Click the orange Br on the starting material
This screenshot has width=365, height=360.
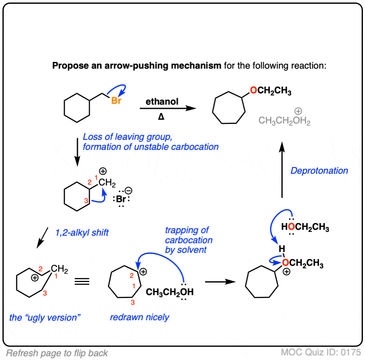pos(116,100)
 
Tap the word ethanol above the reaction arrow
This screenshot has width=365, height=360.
pos(162,101)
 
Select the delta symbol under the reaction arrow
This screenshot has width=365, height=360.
pos(161,116)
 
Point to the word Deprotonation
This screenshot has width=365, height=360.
pos(319,171)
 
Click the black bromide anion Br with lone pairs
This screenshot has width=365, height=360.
pos(121,199)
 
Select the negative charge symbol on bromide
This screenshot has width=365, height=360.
pos(129,191)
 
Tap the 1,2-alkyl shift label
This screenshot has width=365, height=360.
pos(82,233)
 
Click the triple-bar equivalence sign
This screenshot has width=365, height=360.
pos(82,282)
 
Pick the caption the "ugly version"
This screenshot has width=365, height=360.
pos(45,318)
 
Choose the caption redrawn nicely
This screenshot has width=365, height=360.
pos(140,317)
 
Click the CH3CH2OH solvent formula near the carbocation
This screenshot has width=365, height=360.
pos(170,292)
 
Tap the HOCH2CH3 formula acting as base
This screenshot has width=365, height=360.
pos(305,227)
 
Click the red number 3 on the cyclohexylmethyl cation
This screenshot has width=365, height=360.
pos(86,201)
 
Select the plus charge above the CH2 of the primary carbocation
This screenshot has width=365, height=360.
pos(103,171)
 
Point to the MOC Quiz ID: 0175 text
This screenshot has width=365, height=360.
pos(321,352)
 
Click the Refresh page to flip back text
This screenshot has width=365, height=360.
pos(57,353)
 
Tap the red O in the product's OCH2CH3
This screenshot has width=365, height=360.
pos(254,90)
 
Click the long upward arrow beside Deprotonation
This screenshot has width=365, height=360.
pos(282,170)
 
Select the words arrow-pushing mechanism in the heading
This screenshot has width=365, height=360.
pos(163,66)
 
